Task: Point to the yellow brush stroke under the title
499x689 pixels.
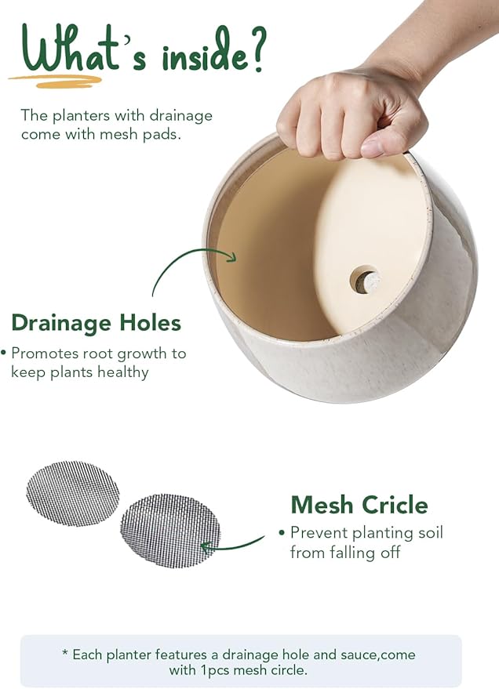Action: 55,79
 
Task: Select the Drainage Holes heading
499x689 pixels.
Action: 96,323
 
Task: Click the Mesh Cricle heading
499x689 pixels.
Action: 359,504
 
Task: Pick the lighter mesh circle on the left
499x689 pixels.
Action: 73,493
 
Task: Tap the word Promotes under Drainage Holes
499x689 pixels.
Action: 46,354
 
